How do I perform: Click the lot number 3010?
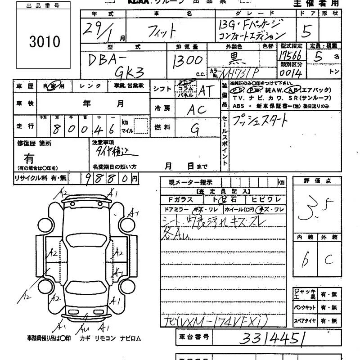(44, 42)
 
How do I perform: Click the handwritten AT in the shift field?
(206, 91)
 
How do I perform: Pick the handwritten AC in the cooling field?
(197, 109)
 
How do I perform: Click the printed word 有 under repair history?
(29, 158)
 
